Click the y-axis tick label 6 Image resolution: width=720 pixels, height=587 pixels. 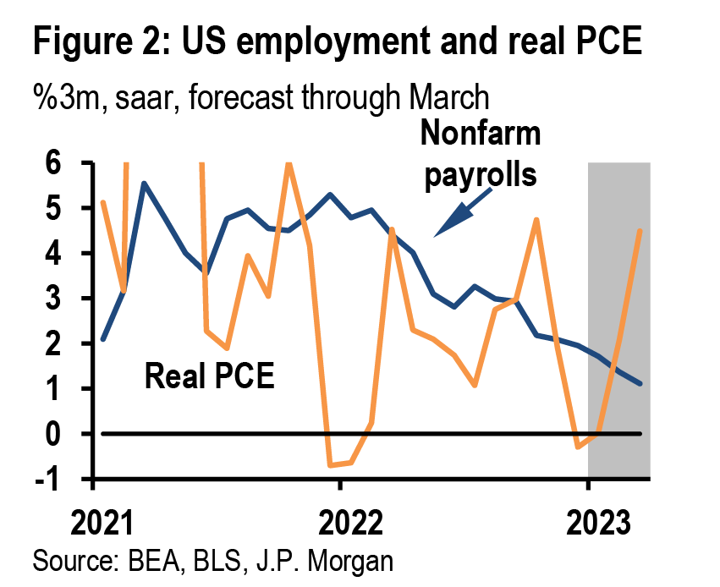53,162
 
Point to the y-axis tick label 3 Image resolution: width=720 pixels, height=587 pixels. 53,299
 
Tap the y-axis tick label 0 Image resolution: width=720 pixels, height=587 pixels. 53,434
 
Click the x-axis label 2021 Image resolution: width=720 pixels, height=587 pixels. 102,523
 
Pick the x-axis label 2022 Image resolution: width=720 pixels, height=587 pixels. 350,523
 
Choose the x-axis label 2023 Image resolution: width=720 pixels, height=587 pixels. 598,523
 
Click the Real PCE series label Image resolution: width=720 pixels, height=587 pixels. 209,376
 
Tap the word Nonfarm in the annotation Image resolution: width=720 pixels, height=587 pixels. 481,133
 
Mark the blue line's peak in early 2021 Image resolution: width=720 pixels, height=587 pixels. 144,184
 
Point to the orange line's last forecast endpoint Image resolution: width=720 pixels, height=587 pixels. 640,231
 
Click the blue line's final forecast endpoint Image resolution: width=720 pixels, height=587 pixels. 640,383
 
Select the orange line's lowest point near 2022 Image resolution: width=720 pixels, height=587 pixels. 330,465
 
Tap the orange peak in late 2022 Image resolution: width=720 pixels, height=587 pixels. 536,220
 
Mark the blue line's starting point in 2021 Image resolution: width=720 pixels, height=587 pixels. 103,339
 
